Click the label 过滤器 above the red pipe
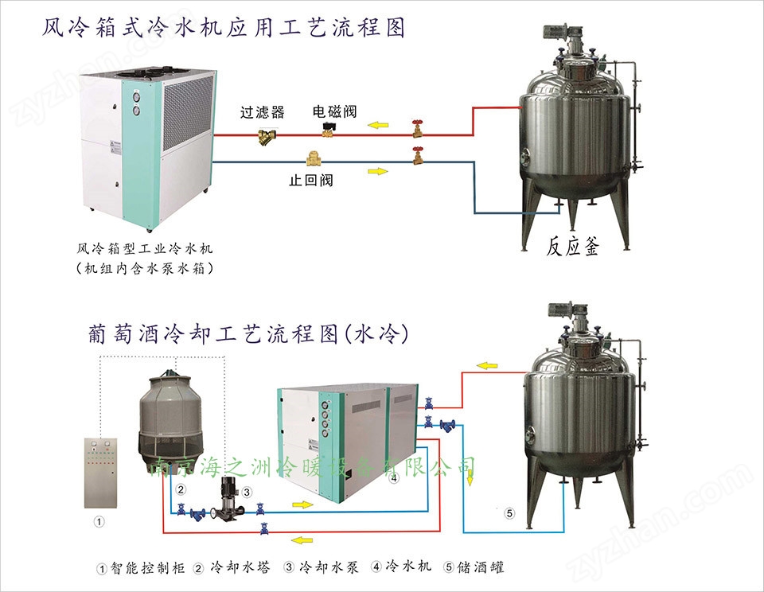[263, 113]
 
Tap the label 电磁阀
[335, 112]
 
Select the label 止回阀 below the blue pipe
[310, 181]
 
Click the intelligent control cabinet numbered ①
[99, 469]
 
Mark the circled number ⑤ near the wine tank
[510, 513]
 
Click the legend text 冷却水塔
[240, 567]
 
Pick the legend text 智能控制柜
[146, 568]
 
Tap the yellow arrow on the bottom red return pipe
[302, 540]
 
